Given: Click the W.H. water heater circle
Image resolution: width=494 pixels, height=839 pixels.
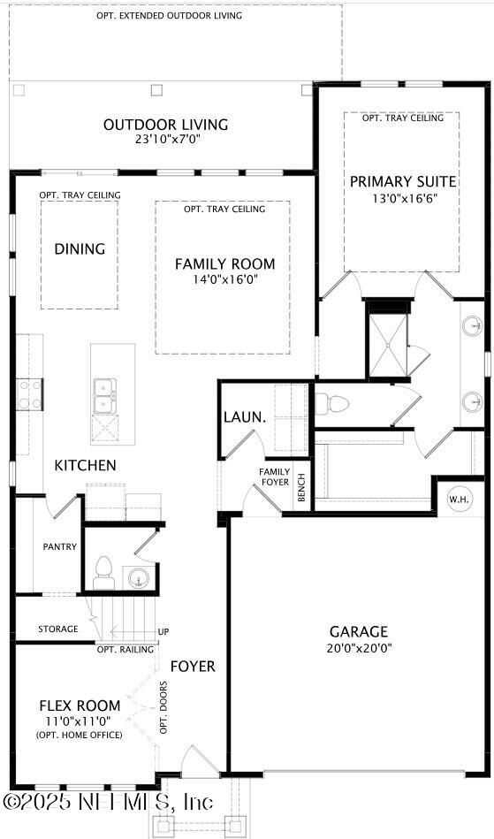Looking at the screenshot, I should pos(459,499).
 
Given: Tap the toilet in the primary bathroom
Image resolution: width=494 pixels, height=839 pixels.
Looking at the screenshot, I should pos(333,404).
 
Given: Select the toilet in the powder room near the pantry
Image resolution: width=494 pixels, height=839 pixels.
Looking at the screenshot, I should pos(103,571).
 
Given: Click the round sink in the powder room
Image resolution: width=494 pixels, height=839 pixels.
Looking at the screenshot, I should pos(139,578).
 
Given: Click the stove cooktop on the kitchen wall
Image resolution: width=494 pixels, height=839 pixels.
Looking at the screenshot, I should pos(30,394).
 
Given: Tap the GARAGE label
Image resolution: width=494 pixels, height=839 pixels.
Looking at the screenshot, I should pos(359,631).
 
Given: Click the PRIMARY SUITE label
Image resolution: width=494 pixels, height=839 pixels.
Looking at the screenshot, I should pos(403,181).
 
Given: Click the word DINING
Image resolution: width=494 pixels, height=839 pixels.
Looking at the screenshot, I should pos(80,249).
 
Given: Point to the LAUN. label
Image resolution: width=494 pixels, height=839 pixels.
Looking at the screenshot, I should pos(240,416).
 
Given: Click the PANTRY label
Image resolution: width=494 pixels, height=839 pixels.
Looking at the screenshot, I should pos(60,547).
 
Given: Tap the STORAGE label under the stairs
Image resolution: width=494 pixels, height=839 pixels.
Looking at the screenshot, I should pos(57,629).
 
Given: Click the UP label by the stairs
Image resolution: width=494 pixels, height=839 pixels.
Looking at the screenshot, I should pos(163,632).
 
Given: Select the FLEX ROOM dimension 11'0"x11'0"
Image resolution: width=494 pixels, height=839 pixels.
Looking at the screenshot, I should pos(80,721).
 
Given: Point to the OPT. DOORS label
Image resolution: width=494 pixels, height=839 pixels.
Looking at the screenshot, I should pos(163,713).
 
